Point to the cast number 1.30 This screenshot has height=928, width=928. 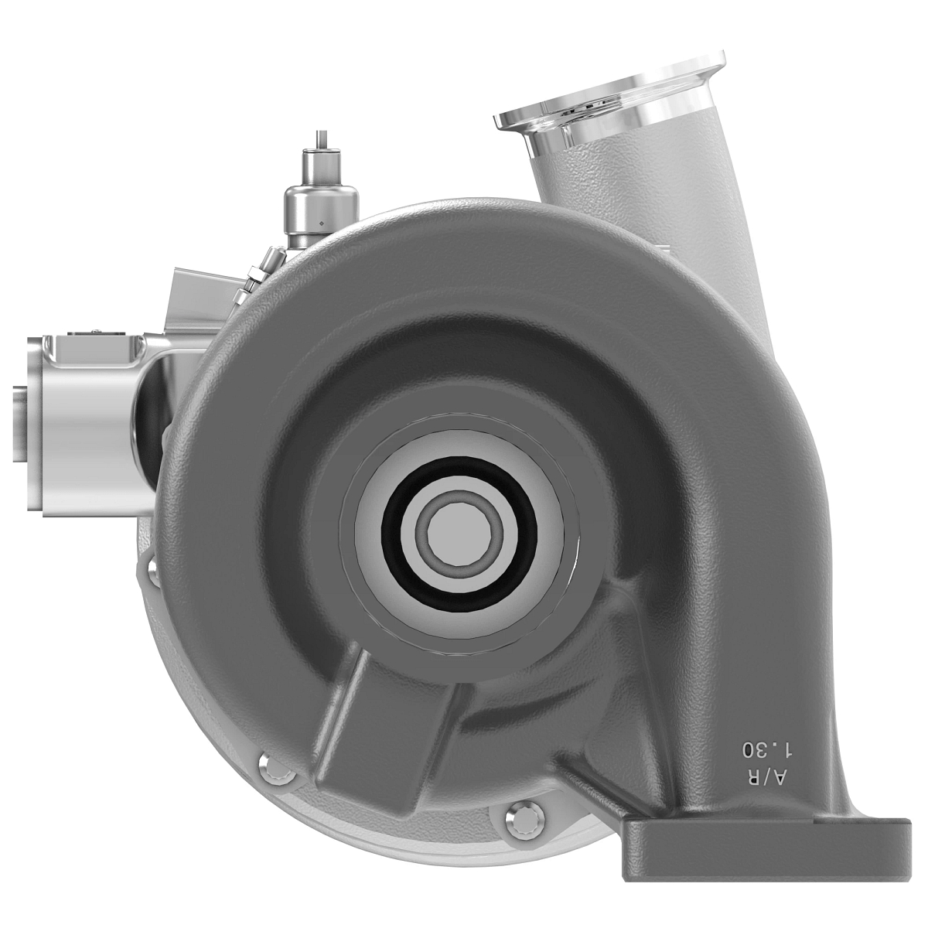768,748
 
